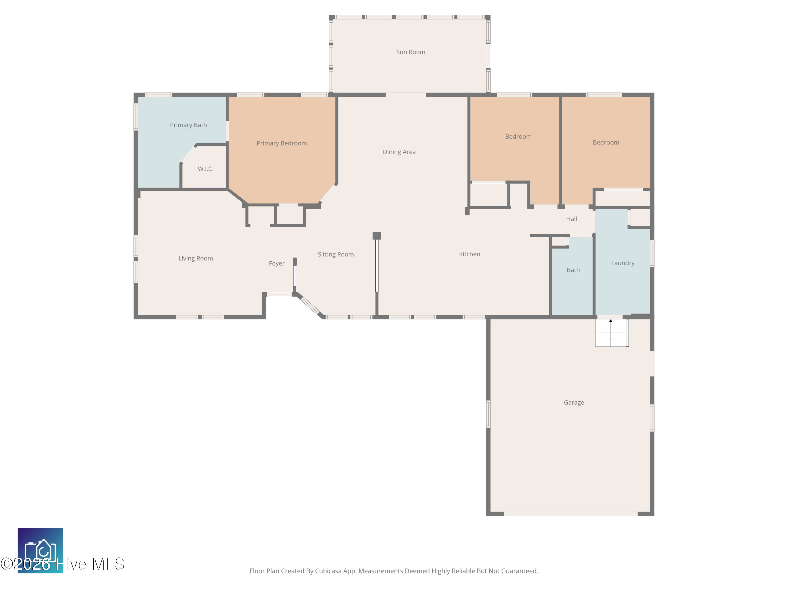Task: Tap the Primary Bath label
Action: [x=188, y=125]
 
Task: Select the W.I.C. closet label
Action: [x=206, y=169]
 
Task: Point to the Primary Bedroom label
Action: [x=281, y=143]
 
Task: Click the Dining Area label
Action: [x=399, y=152]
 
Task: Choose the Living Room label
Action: [x=196, y=258]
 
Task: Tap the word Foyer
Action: [x=276, y=263]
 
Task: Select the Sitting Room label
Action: [x=336, y=254]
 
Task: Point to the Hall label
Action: [x=571, y=219]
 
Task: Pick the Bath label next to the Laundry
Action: [x=573, y=270]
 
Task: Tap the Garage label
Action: [x=574, y=403]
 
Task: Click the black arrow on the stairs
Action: [x=611, y=321]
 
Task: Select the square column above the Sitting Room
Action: [x=377, y=235]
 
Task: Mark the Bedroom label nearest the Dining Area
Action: [x=518, y=136]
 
